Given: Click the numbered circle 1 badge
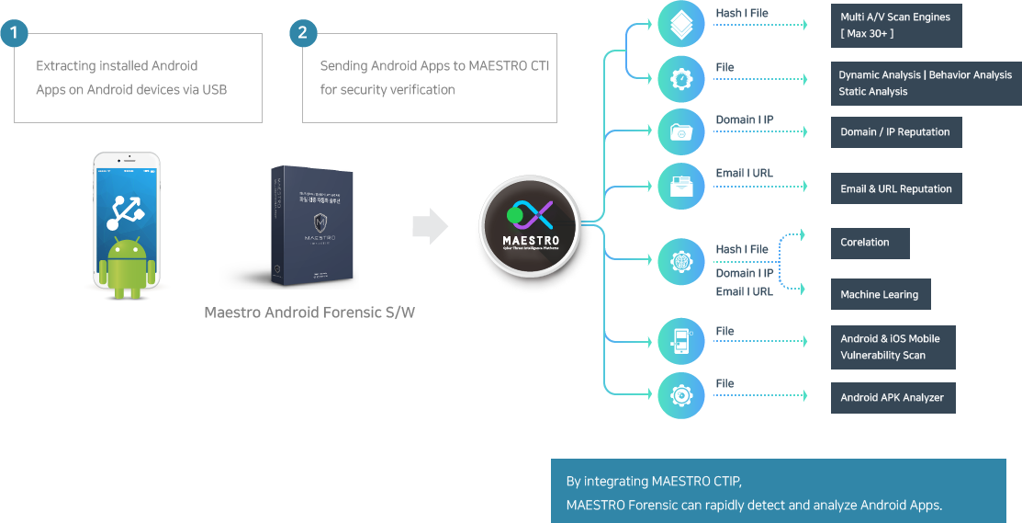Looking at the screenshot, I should click(x=14, y=34).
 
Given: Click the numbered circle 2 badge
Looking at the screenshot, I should click(x=303, y=34).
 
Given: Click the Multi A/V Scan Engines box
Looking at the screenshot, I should click(x=895, y=25).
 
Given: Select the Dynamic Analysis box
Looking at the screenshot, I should click(x=925, y=83).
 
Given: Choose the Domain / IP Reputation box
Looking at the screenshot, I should click(x=895, y=132).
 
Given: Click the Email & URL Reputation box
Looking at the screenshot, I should click(x=896, y=189).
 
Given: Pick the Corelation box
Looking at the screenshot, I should click(x=870, y=243).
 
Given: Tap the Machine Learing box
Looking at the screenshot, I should click(x=880, y=295).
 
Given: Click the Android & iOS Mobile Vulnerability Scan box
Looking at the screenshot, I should click(x=893, y=347).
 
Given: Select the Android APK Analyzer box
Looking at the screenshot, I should click(x=893, y=398).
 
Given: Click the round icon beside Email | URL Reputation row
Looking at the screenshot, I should click(x=681, y=187).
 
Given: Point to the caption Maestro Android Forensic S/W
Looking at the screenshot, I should click(x=309, y=313).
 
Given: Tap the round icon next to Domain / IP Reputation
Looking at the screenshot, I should click(x=681, y=131).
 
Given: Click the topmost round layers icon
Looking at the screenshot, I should click(x=681, y=24).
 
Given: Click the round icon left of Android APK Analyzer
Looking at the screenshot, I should click(x=681, y=396).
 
